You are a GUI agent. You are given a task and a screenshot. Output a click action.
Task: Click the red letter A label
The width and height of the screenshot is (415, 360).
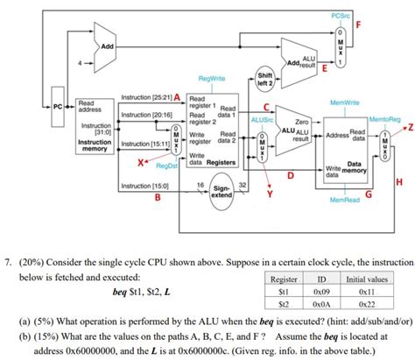pyautogui.click(x=177, y=95)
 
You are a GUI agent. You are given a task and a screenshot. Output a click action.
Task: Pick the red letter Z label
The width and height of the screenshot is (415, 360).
pyautogui.click(x=408, y=127)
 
